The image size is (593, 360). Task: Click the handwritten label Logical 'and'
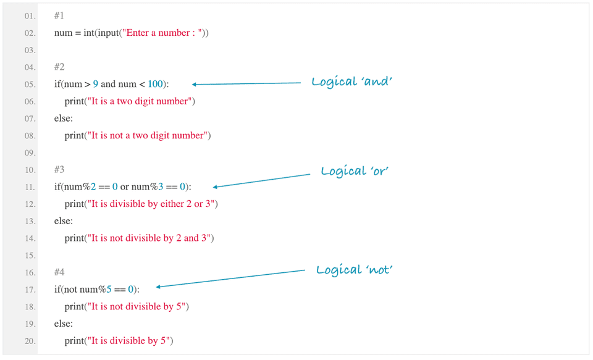(x=351, y=82)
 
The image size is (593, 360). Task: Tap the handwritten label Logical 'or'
(x=354, y=171)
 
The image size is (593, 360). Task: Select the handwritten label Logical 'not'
(x=355, y=270)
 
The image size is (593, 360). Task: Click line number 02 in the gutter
(x=30, y=33)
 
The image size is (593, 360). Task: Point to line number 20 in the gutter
(x=30, y=341)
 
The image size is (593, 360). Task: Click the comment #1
(x=59, y=15)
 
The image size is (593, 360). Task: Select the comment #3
(x=59, y=169)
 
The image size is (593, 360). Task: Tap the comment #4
(x=59, y=272)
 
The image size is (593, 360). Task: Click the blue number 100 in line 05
(x=156, y=84)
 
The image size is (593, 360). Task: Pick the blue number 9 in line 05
(x=96, y=84)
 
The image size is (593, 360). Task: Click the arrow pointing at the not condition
(x=231, y=278)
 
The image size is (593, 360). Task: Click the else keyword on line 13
(x=63, y=220)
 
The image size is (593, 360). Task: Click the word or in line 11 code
(x=124, y=186)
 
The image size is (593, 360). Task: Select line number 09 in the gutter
(x=30, y=153)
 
